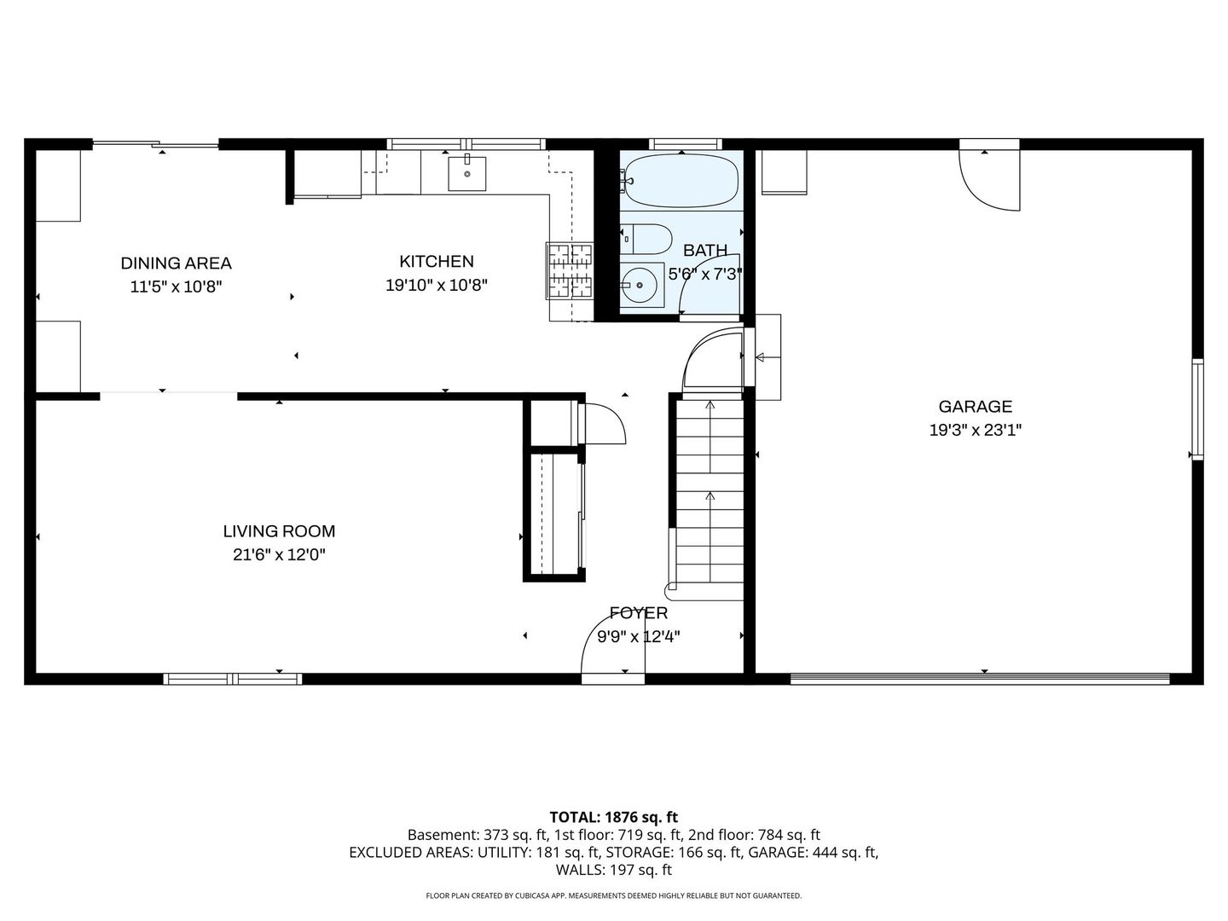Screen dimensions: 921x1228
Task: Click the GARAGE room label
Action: [975, 407]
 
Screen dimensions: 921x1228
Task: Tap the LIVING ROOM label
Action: [279, 531]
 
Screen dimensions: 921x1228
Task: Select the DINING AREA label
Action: [176, 264]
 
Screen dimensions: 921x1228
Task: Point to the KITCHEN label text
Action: [436, 262]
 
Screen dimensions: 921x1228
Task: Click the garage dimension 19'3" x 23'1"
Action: [975, 431]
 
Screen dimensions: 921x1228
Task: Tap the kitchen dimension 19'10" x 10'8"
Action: [436, 286]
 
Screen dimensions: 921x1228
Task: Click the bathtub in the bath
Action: [680, 181]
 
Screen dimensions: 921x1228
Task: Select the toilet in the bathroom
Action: [646, 240]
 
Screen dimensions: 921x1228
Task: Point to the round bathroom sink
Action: [640, 285]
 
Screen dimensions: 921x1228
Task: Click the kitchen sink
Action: [467, 173]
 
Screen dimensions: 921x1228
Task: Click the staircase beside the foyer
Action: [710, 495]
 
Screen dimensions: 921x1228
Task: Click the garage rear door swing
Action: [990, 177]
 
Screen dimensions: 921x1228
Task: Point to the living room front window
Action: [232, 679]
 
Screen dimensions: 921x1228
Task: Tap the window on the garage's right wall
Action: [1197, 409]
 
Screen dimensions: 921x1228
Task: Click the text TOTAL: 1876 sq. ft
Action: [613, 817]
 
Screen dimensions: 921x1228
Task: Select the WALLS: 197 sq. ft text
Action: [613, 870]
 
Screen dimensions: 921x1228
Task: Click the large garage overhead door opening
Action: [980, 679]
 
